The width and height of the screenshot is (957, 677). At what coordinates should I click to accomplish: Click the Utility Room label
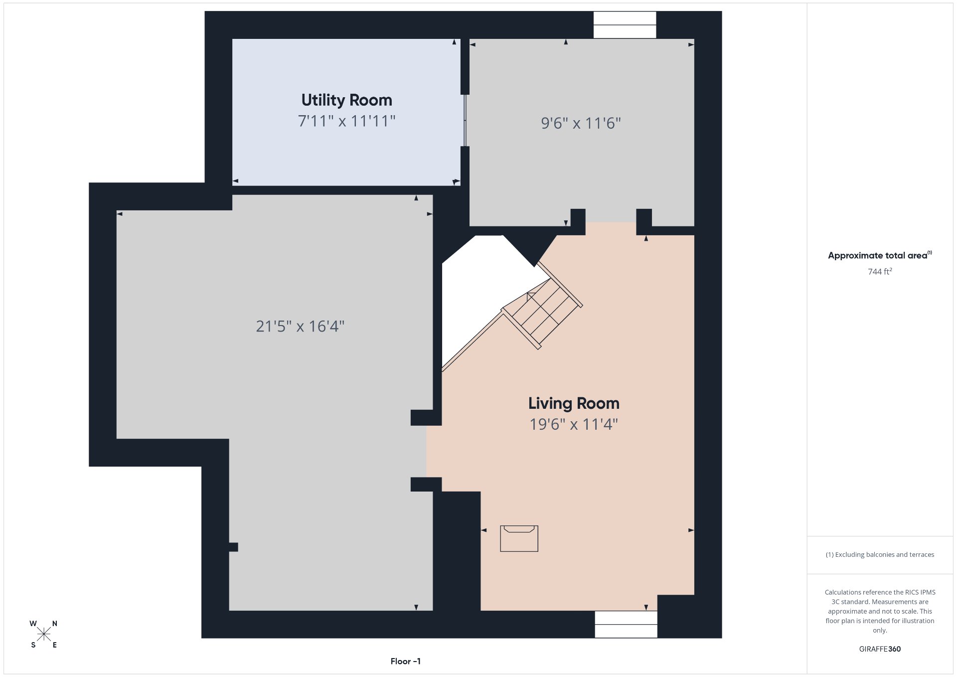(x=346, y=100)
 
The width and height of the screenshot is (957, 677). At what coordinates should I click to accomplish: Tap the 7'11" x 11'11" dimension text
(x=346, y=121)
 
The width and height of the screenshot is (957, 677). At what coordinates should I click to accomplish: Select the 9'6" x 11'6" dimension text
(x=581, y=123)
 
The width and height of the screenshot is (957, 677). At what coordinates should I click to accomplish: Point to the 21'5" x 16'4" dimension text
(x=300, y=326)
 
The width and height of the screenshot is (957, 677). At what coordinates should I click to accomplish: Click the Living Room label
(x=574, y=403)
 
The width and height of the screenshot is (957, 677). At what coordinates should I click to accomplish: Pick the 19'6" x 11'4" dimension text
(x=574, y=424)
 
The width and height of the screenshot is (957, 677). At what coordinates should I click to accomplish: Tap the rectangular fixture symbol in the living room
(x=519, y=538)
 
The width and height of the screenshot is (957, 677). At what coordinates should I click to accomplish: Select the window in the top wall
(x=625, y=25)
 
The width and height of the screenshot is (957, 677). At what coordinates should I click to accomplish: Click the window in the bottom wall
(x=626, y=625)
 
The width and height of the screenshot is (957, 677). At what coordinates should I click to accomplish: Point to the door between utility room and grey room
(x=465, y=120)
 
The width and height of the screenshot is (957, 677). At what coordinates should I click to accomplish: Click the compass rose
(x=44, y=634)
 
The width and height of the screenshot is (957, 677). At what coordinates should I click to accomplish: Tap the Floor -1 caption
(x=406, y=661)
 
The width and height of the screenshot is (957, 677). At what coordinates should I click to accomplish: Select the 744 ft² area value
(x=880, y=272)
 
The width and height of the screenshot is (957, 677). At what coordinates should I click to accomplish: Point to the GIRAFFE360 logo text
(x=880, y=649)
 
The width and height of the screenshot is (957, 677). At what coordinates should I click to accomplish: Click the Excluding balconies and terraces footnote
(x=880, y=554)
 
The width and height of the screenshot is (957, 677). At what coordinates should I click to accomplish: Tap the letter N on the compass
(x=55, y=624)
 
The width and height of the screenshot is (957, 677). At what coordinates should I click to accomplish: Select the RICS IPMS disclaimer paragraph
(x=880, y=611)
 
